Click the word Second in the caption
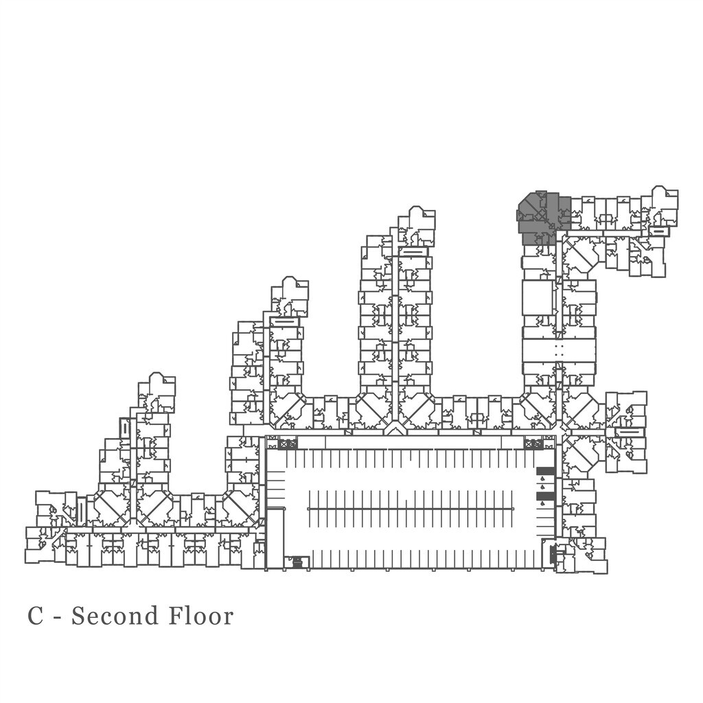coord(115,616)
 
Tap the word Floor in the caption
coord(201,616)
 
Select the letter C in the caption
coord(36,616)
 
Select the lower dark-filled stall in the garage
coord(545,496)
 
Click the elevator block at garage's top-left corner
coord(288,444)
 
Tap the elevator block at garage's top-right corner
coord(533,444)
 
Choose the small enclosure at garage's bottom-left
coord(297,562)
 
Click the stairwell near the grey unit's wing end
coord(658,231)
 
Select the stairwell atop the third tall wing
coord(413,252)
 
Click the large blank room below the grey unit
coord(537,298)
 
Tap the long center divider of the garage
coord(411,509)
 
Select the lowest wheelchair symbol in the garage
coord(544,504)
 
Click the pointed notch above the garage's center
coord(394,430)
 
